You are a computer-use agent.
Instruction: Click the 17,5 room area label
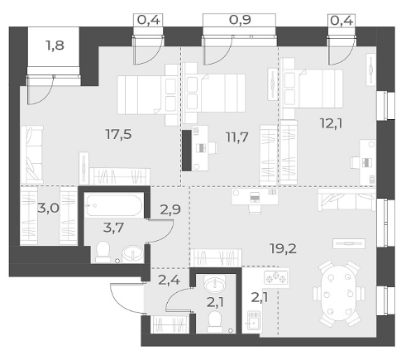pos(118,135)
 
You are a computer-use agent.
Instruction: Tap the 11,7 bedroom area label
pos(237,137)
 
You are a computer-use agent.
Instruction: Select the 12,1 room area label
pos(331,123)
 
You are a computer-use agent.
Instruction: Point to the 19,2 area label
pos(284,249)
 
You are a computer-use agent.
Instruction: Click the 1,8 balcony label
pos(55,46)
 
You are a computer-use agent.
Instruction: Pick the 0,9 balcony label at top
pos(240,20)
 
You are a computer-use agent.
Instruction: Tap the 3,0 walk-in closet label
pos(49,209)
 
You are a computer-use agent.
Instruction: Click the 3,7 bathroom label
pos(113,228)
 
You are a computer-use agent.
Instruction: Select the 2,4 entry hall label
pos(169,281)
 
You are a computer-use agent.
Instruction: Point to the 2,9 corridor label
pos(170,209)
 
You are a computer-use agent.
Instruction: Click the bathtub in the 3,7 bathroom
pos(113,206)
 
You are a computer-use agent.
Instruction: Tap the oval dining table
pos(339,293)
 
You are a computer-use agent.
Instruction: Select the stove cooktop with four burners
pos(276,277)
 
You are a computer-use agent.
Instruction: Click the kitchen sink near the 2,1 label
pos(252,321)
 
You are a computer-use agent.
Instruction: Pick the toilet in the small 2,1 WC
pos(214,322)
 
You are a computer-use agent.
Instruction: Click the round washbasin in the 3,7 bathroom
pos(133,253)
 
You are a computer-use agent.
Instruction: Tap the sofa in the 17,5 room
pos(32,155)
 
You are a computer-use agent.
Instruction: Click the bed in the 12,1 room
pos(313,89)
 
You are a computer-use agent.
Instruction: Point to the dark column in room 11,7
pos(187,151)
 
